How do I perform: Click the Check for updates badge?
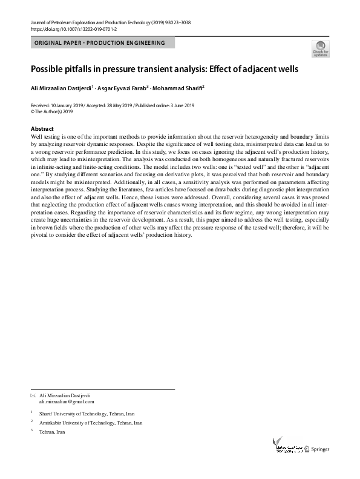pyautogui.click(x=320, y=49)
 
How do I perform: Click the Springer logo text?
pyautogui.click(x=322, y=449)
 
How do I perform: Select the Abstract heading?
pyautogui.click(x=42, y=129)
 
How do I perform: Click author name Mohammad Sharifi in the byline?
pyautogui.click(x=178, y=88)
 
